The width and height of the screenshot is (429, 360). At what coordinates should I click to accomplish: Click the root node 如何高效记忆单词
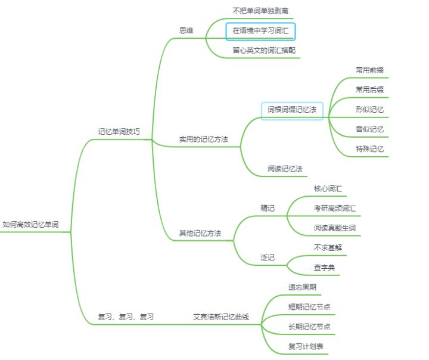click(30, 225)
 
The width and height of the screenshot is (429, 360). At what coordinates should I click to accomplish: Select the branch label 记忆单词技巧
click(119, 132)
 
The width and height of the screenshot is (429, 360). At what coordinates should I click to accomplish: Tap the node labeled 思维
click(186, 30)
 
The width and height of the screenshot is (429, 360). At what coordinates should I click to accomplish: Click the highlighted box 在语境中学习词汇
click(260, 32)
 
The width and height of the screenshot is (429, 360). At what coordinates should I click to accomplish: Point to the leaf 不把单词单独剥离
click(260, 11)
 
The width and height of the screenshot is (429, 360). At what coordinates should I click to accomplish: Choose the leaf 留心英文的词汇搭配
click(264, 50)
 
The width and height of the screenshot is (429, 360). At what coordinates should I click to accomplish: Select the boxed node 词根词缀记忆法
click(292, 111)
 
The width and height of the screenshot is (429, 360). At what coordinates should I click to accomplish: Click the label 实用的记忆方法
click(204, 139)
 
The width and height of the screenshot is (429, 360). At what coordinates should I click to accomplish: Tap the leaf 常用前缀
click(369, 70)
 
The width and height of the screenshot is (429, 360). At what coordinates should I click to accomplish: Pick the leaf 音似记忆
click(369, 129)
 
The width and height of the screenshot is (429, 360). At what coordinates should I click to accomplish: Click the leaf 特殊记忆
click(369, 149)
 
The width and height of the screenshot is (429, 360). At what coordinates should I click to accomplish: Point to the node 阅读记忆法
click(285, 169)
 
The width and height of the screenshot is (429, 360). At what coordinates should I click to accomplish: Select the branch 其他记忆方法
click(200, 233)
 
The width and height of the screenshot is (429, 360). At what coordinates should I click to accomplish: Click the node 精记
click(268, 209)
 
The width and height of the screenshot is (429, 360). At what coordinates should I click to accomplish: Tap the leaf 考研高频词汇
click(335, 209)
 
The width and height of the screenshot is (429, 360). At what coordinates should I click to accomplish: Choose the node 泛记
click(268, 257)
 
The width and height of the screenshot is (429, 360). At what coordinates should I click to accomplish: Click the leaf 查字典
click(325, 268)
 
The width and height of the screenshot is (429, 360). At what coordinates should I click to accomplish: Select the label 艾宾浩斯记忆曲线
click(221, 317)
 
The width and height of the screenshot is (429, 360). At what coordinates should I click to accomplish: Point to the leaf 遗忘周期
click(302, 287)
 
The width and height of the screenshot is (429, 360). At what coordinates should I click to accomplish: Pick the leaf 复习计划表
click(306, 346)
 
